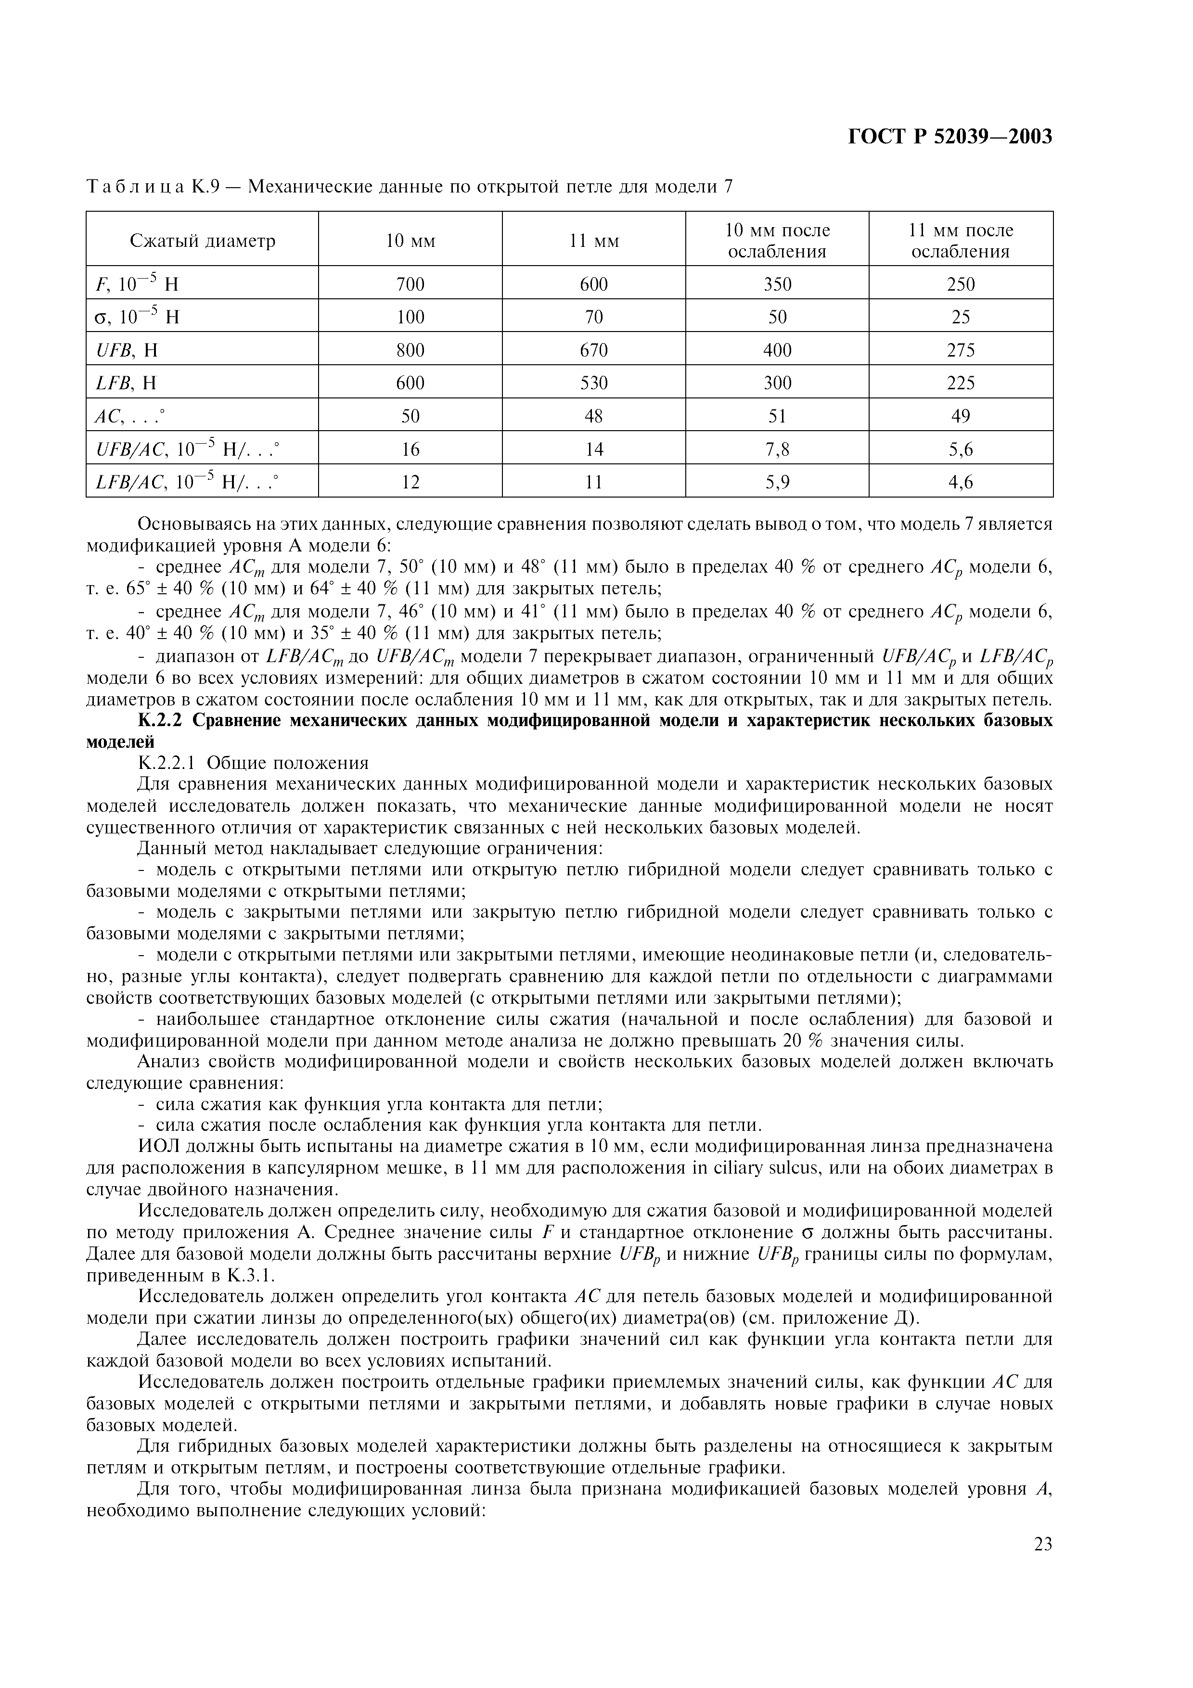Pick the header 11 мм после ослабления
[x=960, y=241]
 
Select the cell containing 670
[x=593, y=350]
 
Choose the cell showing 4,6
[x=960, y=482]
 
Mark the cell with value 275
[x=960, y=350]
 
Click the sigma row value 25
[x=960, y=317]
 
